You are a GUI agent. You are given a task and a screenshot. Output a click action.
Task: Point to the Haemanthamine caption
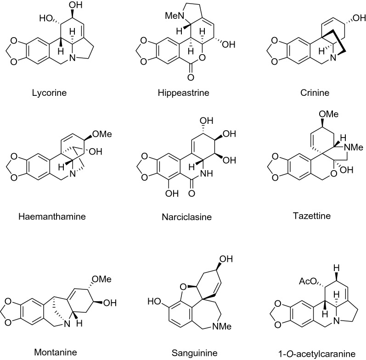click(64, 216)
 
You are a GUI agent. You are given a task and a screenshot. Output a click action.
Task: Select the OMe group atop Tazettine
click(310, 120)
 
